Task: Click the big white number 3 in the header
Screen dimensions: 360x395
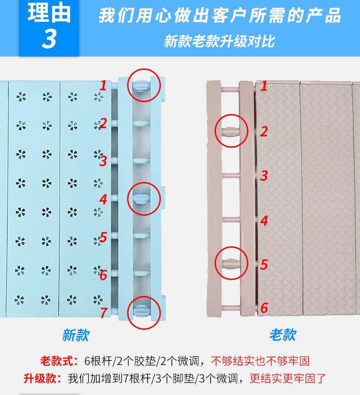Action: point(49,39)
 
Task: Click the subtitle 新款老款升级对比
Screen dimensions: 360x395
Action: point(219,41)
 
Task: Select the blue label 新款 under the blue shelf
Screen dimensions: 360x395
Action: point(76,335)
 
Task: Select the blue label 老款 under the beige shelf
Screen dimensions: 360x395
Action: point(283,335)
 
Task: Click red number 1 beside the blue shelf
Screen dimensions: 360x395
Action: point(103,86)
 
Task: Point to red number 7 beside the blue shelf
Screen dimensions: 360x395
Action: point(103,312)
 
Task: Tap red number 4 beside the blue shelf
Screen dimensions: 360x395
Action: point(103,199)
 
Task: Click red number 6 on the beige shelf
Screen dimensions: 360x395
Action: point(264,308)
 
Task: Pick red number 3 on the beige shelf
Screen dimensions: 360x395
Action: point(264,176)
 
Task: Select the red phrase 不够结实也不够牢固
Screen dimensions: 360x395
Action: point(260,361)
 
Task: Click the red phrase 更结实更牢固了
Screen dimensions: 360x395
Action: point(288,379)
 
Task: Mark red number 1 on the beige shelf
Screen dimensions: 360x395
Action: point(264,86)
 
